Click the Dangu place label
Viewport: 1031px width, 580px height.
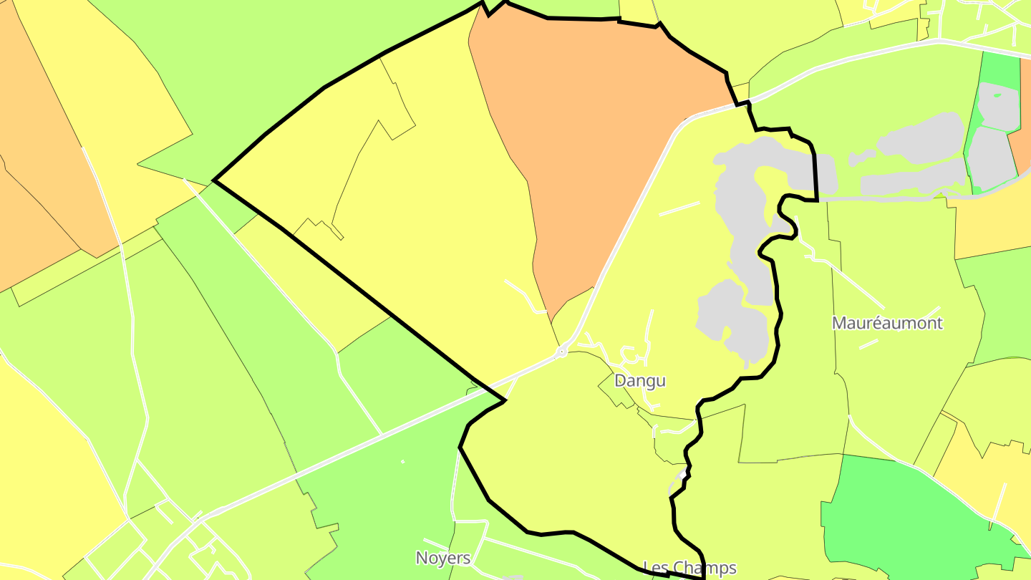[640, 380]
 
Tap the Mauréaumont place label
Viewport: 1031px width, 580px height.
[887, 323]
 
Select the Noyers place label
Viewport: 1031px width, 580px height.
[443, 558]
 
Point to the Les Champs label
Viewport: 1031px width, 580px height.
[689, 568]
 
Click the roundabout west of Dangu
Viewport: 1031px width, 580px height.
[563, 351]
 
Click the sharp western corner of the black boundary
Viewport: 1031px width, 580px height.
[215, 180]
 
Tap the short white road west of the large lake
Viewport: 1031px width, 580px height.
[679, 208]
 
